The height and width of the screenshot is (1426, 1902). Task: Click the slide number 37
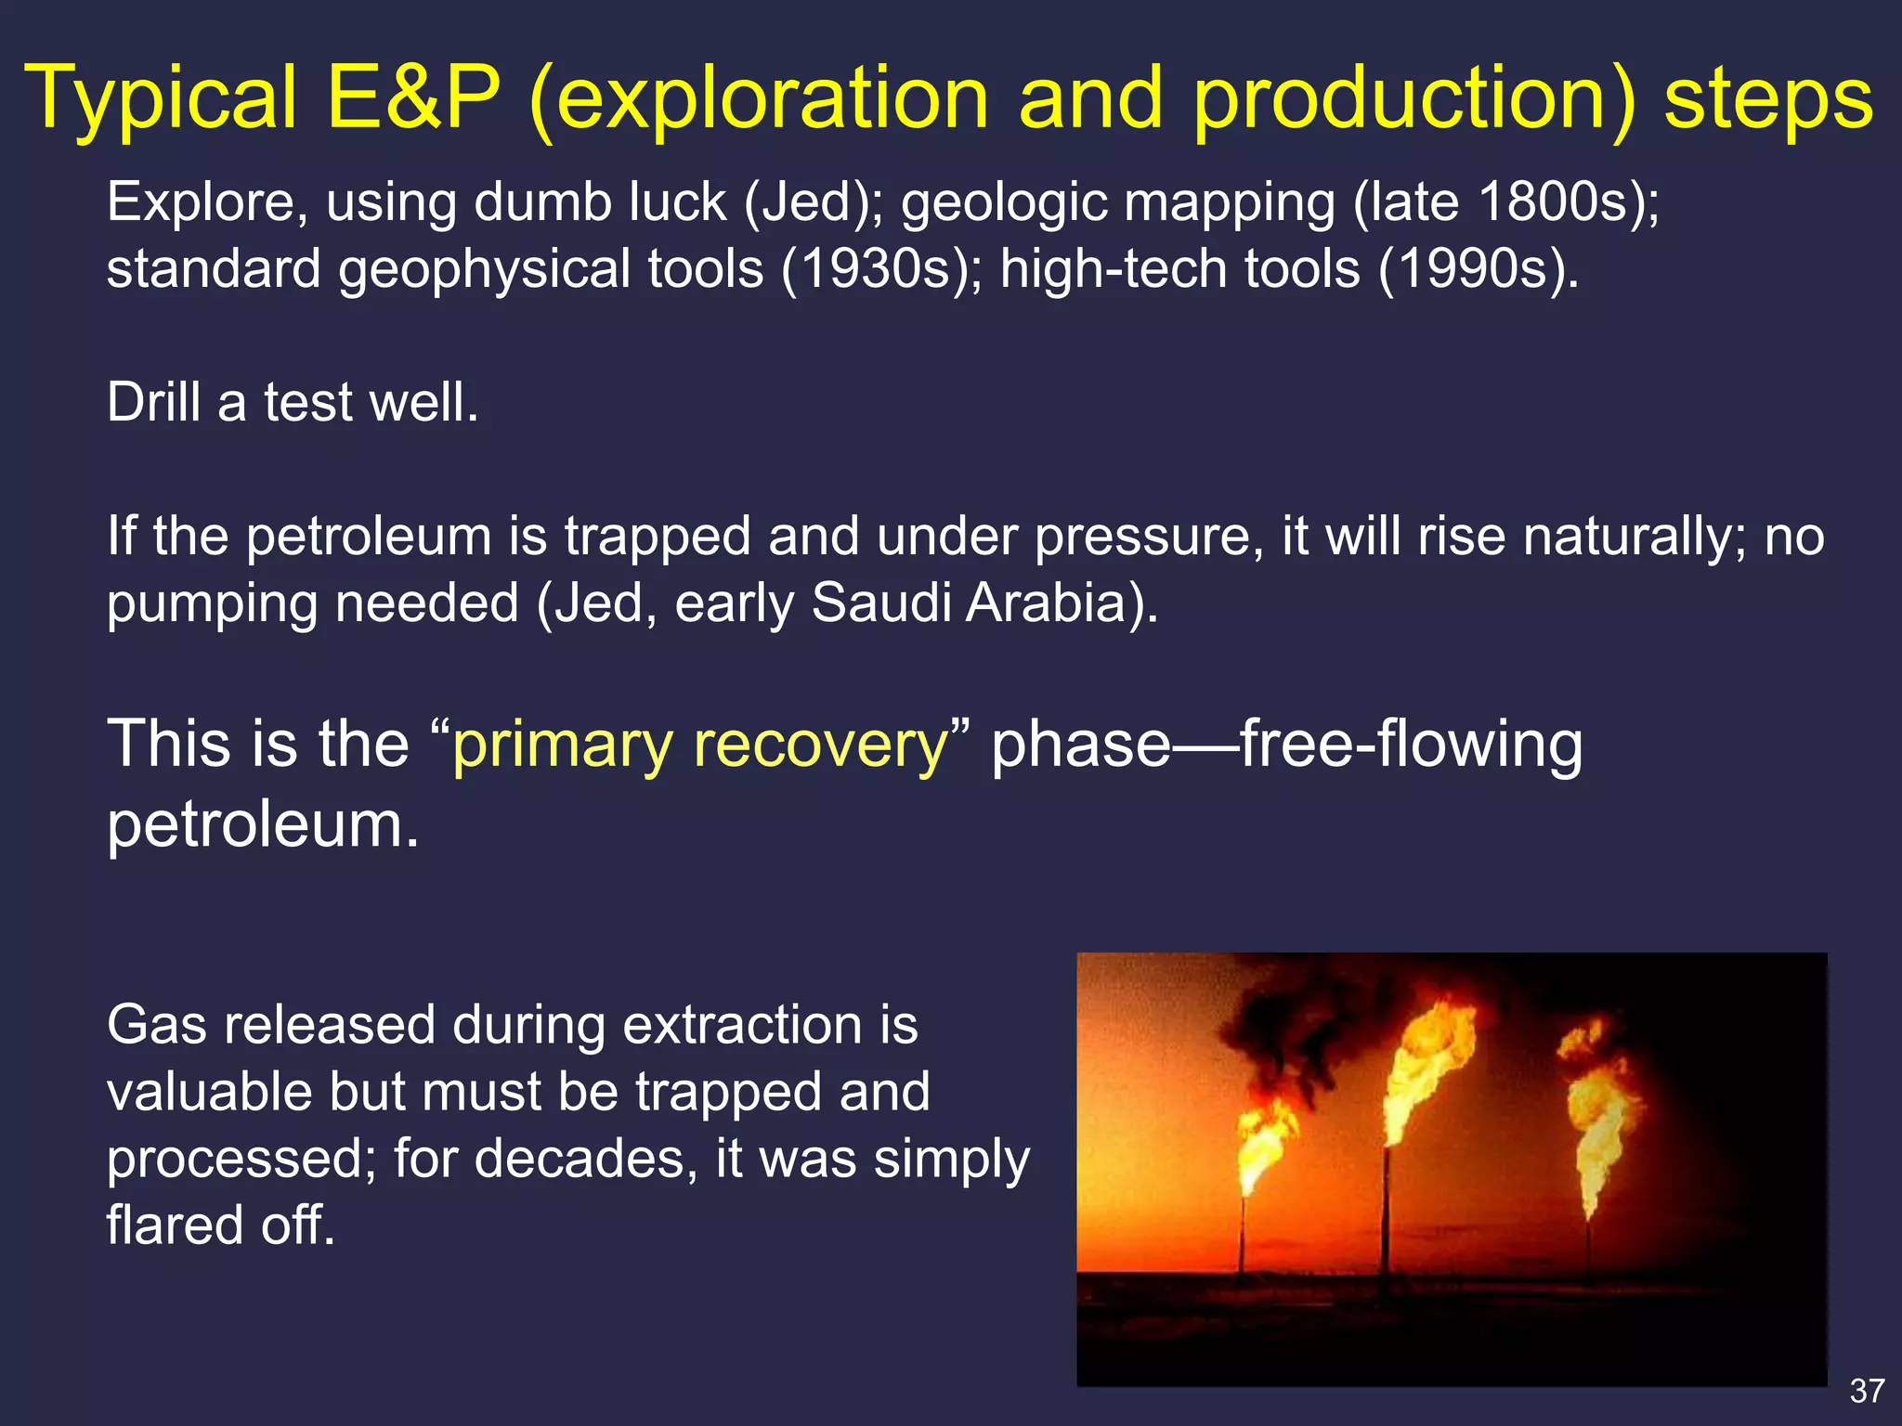pos(1867,1391)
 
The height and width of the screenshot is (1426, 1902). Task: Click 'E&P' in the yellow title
pos(413,97)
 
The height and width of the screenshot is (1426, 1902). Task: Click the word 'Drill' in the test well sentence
pos(153,403)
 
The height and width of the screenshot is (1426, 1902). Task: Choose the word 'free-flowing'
pos(1412,745)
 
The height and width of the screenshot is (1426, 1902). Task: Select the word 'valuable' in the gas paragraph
pos(209,1092)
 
